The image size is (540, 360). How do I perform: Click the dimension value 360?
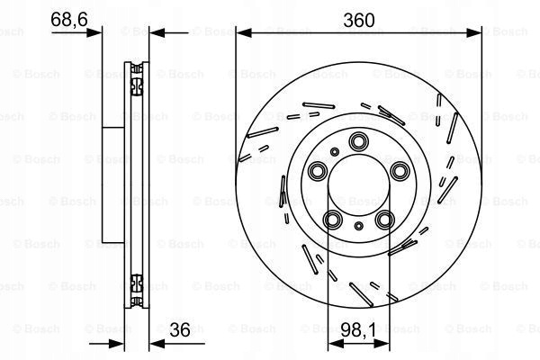point(359,21)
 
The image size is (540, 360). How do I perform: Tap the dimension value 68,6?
point(69,20)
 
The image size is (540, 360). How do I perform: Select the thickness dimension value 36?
point(180,330)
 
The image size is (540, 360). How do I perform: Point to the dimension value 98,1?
point(358,330)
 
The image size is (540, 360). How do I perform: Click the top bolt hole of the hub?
point(358,141)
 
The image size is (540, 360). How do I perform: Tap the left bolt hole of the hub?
point(317,171)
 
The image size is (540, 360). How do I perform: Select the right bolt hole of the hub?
point(400,171)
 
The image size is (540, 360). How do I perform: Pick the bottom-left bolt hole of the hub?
point(333,220)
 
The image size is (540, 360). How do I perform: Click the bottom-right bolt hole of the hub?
point(384,220)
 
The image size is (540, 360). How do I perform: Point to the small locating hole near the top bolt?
point(334,151)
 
